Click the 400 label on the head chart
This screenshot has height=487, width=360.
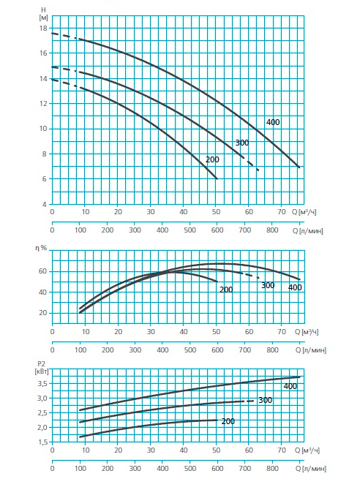[x=273, y=122]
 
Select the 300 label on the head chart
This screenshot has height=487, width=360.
[x=242, y=143]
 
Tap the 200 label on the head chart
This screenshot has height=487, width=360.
[x=212, y=159]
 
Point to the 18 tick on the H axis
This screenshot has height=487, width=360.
[x=43, y=29]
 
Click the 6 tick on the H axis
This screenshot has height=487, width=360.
[x=45, y=179]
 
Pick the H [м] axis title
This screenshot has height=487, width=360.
[x=43, y=14]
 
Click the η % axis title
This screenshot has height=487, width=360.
[x=41, y=248]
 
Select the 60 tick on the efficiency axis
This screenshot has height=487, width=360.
[x=43, y=271]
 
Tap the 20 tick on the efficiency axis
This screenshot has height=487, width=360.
[x=43, y=313]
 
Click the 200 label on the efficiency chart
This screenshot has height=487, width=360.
[x=226, y=290]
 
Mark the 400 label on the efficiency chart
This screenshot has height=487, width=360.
[x=295, y=287]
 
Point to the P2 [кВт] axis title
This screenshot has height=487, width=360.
[x=42, y=367]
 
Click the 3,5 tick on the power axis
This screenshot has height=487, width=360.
[x=42, y=384]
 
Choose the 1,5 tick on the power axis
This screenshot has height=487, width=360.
[x=42, y=442]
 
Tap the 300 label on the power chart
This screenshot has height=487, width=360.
[x=265, y=400]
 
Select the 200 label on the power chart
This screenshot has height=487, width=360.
[x=228, y=421]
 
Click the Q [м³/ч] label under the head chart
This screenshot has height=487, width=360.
[x=304, y=212]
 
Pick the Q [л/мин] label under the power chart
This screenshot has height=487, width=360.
[x=310, y=469]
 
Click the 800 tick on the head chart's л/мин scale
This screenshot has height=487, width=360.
[x=272, y=230]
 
